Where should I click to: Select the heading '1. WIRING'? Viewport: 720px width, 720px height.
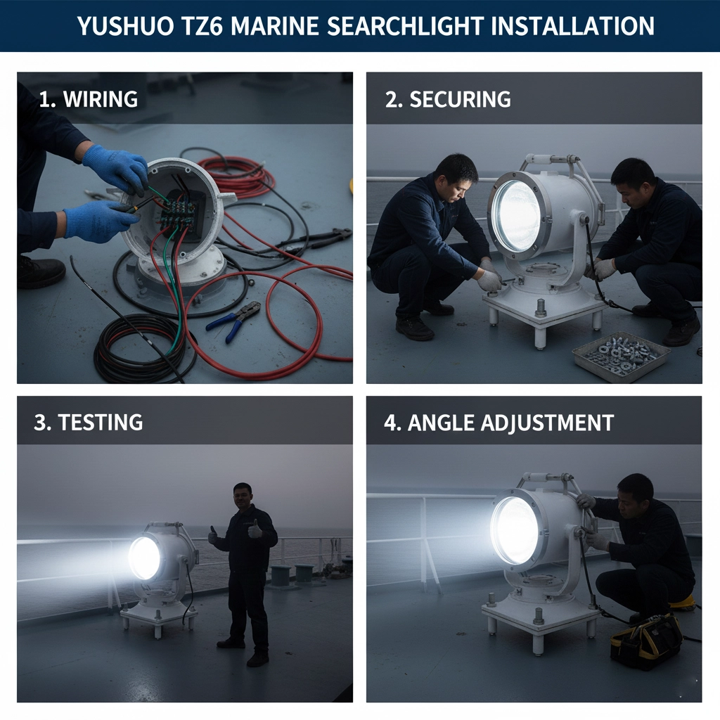88,99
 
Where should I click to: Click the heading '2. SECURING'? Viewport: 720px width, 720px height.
448,99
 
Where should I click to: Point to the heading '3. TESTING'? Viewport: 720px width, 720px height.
89,422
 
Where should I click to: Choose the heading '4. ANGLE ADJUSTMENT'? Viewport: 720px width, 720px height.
499,423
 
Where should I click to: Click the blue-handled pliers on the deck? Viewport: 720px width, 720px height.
234,321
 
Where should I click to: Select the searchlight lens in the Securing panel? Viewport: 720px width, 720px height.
517,216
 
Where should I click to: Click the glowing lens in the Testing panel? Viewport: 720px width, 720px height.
144,558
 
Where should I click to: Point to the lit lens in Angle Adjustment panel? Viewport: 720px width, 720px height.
515,529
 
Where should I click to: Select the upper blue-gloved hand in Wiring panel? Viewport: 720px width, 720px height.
116,169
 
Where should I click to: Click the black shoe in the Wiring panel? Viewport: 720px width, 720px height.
41,271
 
